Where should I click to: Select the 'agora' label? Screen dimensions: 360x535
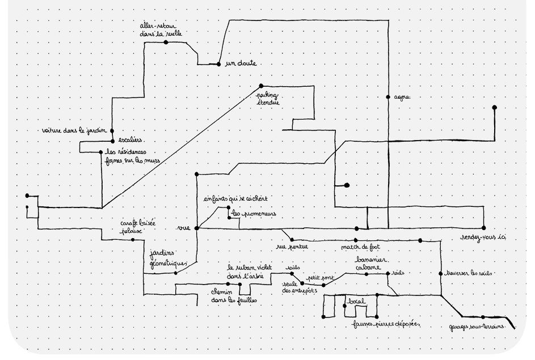402,97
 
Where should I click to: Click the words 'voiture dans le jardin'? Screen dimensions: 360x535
74,131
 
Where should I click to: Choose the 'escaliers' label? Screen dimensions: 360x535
130,139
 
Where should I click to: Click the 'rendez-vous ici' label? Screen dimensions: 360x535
482,238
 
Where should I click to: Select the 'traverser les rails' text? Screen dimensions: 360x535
470,273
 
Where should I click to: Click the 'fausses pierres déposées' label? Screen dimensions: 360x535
386,324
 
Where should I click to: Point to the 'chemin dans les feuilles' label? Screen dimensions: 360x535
234,296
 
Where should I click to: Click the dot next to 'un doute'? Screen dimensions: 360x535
218,64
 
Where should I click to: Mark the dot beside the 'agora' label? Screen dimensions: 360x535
389,96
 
